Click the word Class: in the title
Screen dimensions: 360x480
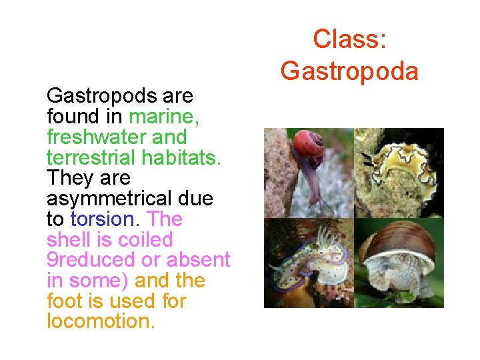(x=349, y=39)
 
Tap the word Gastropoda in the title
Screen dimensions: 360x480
(x=349, y=70)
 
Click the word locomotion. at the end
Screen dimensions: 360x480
(x=101, y=321)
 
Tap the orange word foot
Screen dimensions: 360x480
(x=63, y=301)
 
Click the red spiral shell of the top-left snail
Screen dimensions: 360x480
(x=308, y=143)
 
